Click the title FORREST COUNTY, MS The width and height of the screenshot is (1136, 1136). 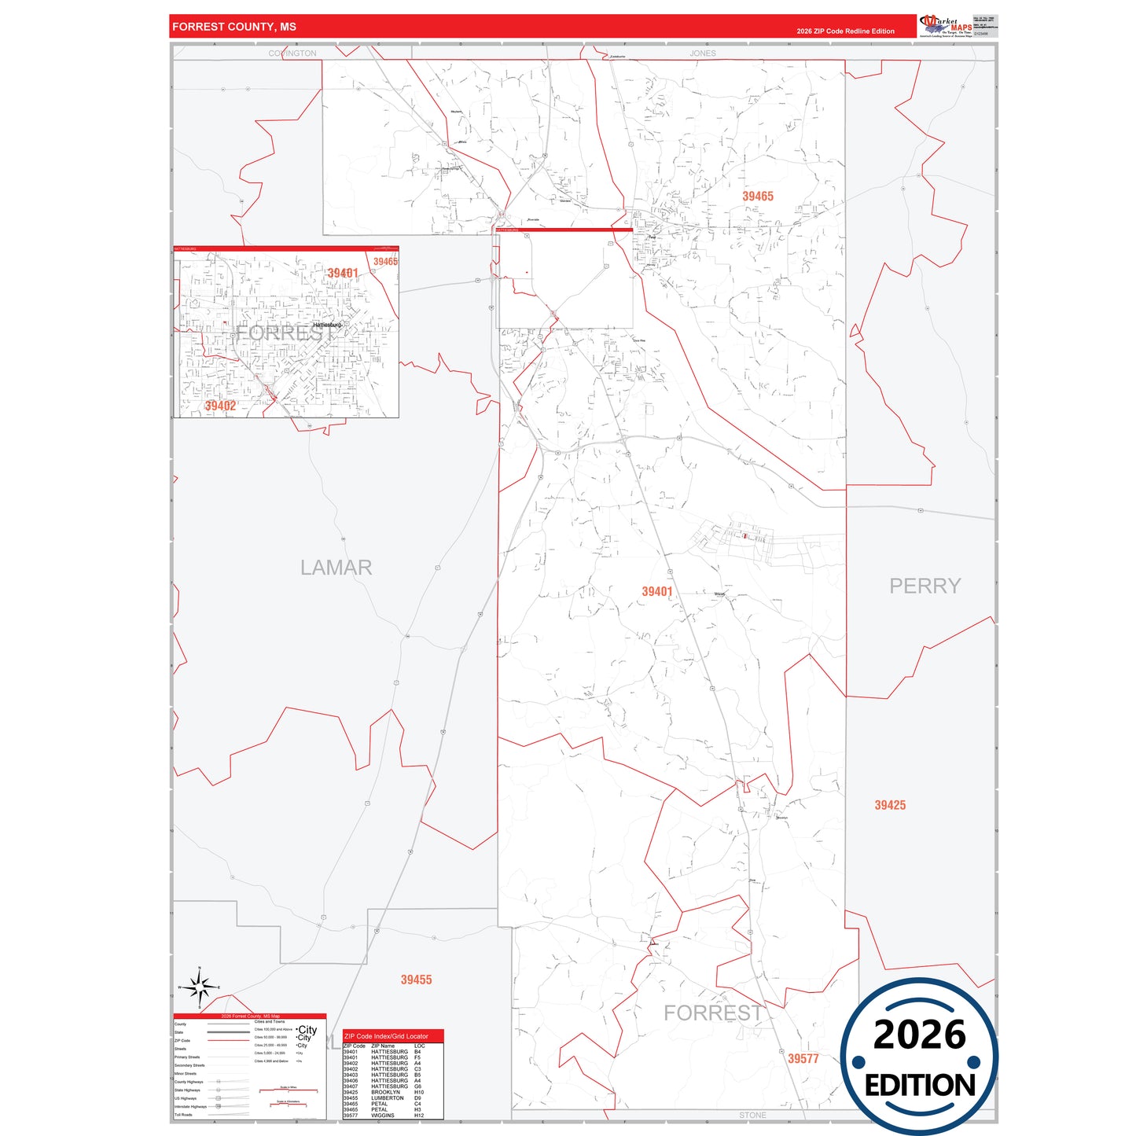pos(234,27)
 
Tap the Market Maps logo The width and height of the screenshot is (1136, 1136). pos(946,26)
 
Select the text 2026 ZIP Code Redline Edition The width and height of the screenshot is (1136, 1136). pos(845,31)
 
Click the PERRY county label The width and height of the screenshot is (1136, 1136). pos(925,586)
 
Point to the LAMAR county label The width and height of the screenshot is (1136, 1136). pos(336,568)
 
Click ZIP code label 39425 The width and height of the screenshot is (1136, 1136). pos(890,805)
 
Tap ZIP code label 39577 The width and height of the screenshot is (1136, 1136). pos(803,1059)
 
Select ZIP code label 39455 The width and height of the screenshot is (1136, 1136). pos(416,980)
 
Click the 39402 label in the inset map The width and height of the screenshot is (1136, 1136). pos(220,406)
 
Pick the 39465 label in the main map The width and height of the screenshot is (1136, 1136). pos(758,197)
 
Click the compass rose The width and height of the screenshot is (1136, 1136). pos(200,987)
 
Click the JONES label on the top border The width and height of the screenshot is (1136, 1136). pos(703,53)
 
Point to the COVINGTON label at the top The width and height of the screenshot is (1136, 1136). pos(292,53)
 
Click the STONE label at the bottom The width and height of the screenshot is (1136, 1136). pos(752,1115)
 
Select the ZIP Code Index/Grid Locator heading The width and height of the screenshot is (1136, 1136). pos(386,1036)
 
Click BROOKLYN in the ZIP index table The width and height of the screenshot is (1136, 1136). pos(385,1092)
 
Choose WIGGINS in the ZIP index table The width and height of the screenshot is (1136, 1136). pos(383,1116)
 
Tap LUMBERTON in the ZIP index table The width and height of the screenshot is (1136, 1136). pos(388,1098)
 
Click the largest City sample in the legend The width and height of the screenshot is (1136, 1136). pos(307,1029)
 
